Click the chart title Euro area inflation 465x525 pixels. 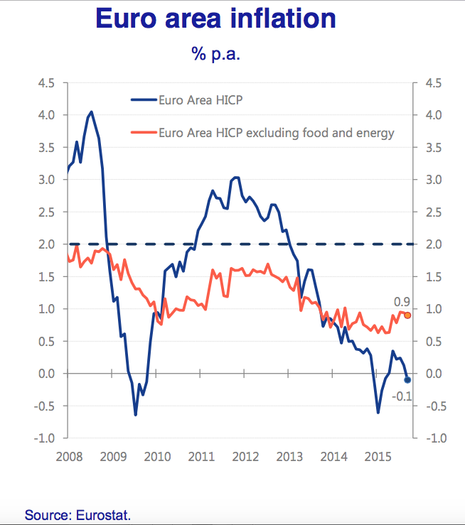pyautogui.click(x=215, y=18)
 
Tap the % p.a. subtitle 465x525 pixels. pyautogui.click(x=215, y=54)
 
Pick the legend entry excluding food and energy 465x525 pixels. pyautogui.click(x=277, y=132)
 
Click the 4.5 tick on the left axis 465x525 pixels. pyautogui.click(x=46, y=83)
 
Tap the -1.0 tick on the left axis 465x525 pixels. pyautogui.click(x=45, y=438)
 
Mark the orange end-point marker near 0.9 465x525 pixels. pyautogui.click(x=407, y=315)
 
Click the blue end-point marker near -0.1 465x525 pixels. pyautogui.click(x=407, y=380)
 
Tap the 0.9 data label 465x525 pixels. pyautogui.click(x=403, y=302)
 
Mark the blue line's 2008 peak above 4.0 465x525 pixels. pyautogui.click(x=91, y=112)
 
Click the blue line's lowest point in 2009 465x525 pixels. pyautogui.click(x=135, y=415)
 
